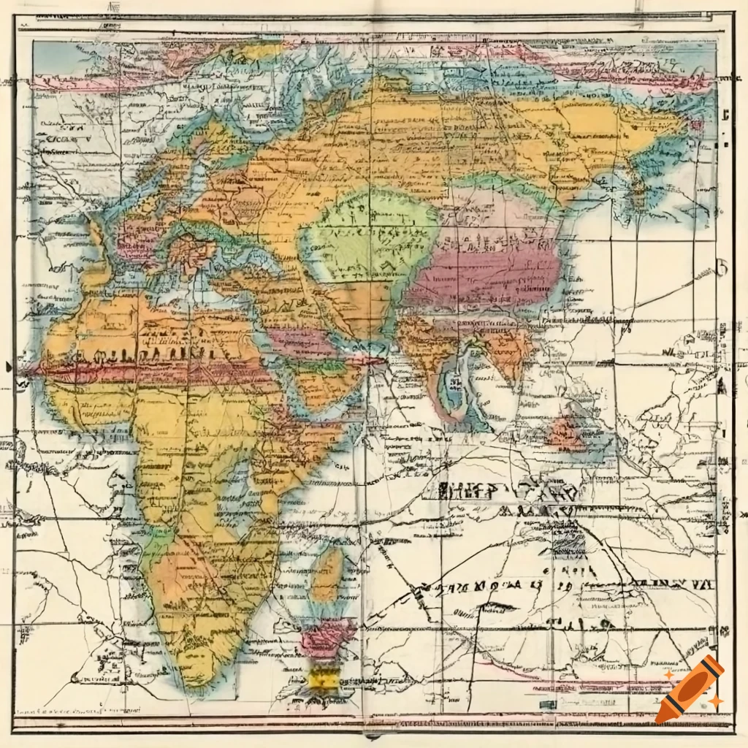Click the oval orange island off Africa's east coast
tap(327, 573)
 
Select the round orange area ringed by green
tap(191, 252)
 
